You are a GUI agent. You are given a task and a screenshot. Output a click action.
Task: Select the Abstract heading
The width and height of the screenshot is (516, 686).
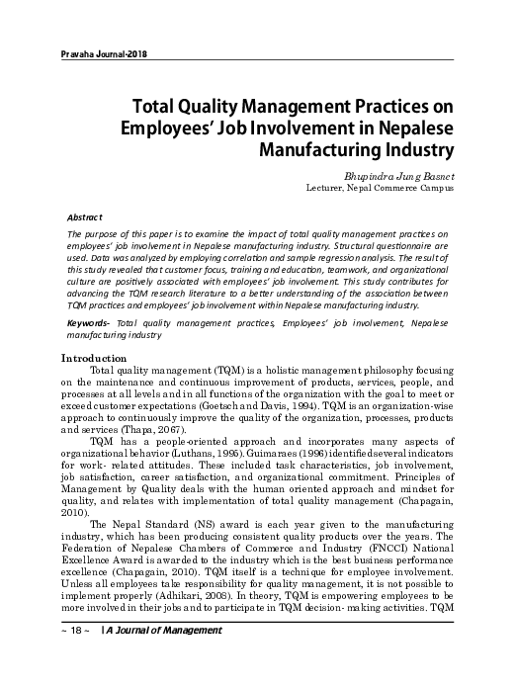point(84,215)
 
